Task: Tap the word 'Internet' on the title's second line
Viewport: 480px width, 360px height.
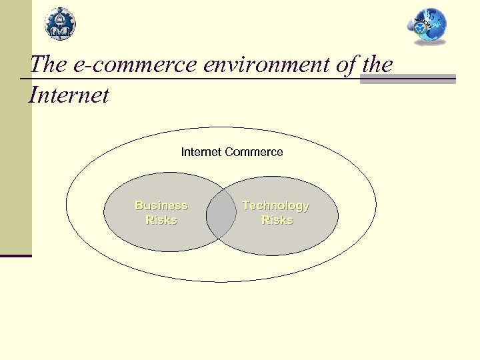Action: click(x=69, y=95)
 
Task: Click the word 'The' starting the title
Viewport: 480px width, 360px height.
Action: click(x=47, y=65)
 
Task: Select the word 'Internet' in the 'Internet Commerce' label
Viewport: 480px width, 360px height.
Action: click(x=202, y=152)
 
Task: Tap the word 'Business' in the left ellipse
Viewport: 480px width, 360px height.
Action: click(x=161, y=205)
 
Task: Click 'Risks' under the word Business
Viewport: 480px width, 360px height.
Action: click(x=161, y=220)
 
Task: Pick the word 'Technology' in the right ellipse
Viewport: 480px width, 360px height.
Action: click(x=275, y=205)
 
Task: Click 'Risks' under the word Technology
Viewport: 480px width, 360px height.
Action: click(x=277, y=220)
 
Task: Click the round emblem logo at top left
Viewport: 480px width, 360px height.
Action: click(x=60, y=23)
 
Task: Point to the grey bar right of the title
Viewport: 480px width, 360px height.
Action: click(x=408, y=79)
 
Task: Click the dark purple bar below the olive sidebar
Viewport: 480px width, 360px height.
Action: click(x=16, y=255)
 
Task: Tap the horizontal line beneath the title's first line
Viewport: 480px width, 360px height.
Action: click(x=200, y=79)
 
